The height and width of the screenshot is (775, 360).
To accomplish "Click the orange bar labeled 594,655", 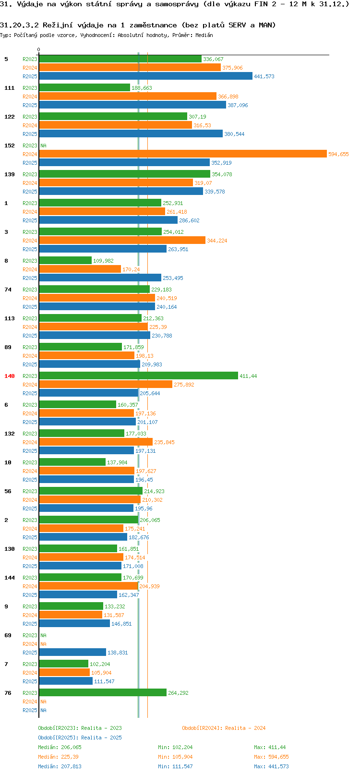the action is tap(183, 154).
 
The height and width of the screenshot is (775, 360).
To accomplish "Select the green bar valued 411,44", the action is tap(139, 376).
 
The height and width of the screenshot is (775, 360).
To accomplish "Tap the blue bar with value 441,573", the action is tap(145, 76).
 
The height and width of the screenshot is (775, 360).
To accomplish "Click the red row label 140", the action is tap(9, 376).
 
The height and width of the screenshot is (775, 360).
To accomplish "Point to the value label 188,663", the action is tap(142, 88).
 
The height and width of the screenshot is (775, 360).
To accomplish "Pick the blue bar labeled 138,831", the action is tap(72, 652).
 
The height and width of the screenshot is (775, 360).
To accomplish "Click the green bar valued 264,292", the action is tap(103, 693).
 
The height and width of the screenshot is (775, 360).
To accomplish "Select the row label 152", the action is tap(9, 145).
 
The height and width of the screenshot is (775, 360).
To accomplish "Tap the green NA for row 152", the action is tap(43, 145).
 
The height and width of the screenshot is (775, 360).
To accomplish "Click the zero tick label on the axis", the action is tap(38, 49).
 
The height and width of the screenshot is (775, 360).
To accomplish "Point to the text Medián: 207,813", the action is tap(60, 766).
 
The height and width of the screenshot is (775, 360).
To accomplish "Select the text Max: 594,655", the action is tap(272, 757).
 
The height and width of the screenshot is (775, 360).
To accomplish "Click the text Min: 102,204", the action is tap(175, 747).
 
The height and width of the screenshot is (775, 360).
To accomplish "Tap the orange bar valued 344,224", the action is tap(122, 240).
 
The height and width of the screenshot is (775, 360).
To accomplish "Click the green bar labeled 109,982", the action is tap(65, 260).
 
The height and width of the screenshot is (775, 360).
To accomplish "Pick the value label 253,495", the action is tap(173, 278).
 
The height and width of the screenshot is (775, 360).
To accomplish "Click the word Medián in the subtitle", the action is tap(204, 35).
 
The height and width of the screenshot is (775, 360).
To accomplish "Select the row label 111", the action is tap(9, 88).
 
